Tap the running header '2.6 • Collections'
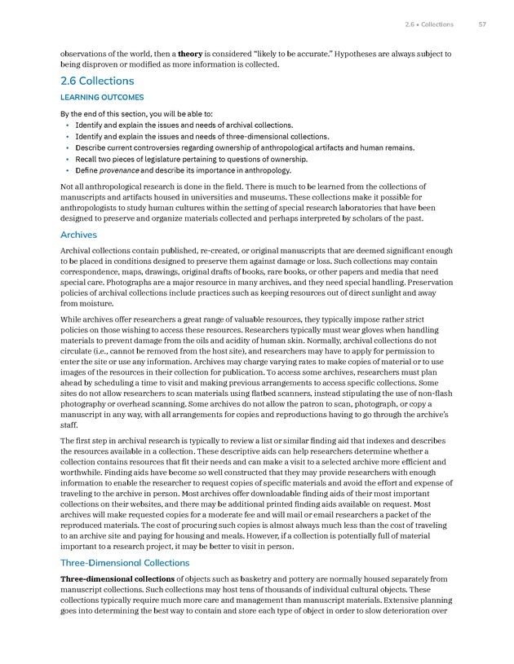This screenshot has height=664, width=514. tap(429, 24)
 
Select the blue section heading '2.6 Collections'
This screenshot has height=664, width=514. tap(97, 81)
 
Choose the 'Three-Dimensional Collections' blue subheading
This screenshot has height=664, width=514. tap(125, 563)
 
